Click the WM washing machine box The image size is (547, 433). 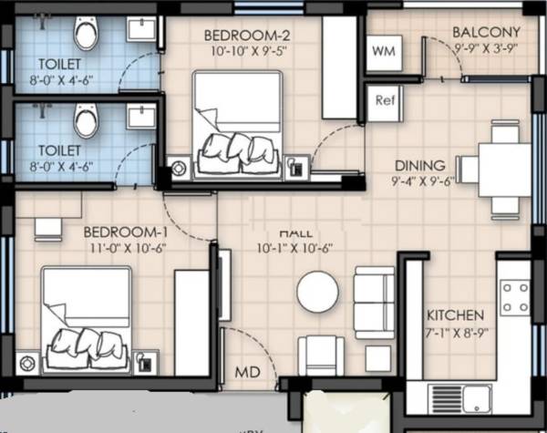(x=383, y=52)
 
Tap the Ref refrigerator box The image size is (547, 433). (x=383, y=100)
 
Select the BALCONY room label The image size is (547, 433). (x=486, y=33)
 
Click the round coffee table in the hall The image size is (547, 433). (x=317, y=292)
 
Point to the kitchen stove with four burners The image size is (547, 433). (x=515, y=297)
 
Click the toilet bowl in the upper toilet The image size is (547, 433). (x=86, y=34)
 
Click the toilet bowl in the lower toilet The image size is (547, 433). (x=86, y=119)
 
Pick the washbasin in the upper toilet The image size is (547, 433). (x=141, y=28)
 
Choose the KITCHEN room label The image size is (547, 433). (x=456, y=315)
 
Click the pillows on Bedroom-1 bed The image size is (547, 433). (x=87, y=343)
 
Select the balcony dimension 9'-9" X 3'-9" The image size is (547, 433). (x=486, y=49)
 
